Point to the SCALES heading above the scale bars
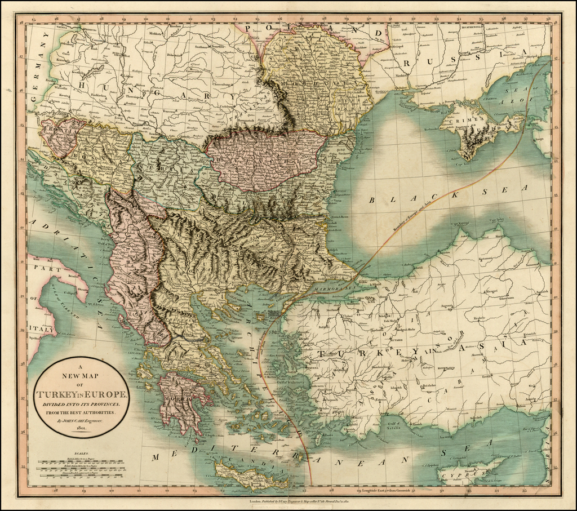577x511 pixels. coord(81,452)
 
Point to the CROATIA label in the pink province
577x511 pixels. coord(59,131)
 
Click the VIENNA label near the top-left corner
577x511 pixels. coord(61,26)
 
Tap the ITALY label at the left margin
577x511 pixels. coord(41,330)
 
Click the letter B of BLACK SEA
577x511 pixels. coord(372,200)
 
